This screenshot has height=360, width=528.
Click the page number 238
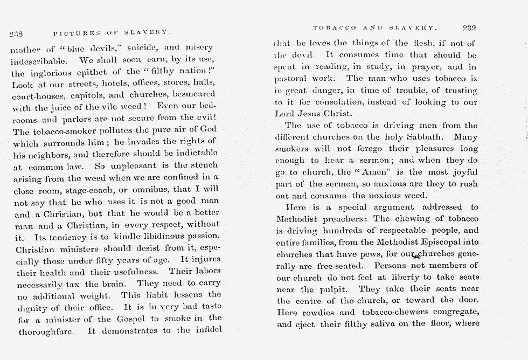coord(16,34)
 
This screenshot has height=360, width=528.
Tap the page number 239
coord(469,27)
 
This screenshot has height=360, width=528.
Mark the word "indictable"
coord(187,153)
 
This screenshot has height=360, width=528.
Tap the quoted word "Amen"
coord(373,172)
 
